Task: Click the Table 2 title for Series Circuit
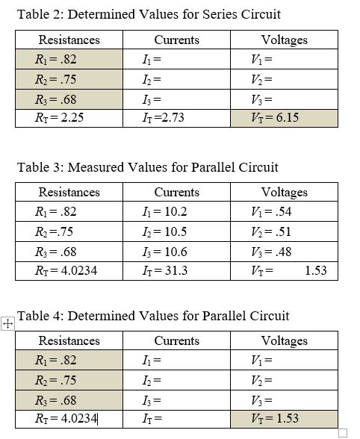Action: (x=149, y=14)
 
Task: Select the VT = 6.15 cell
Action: (x=284, y=118)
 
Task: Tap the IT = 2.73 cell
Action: (x=177, y=118)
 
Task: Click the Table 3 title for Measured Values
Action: (x=147, y=166)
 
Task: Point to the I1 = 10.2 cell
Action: (x=177, y=212)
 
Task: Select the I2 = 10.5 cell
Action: (x=177, y=231)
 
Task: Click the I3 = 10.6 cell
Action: (x=177, y=251)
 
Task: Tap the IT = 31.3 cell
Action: (x=177, y=270)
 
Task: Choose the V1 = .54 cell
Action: (x=284, y=212)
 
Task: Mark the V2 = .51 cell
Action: (x=284, y=231)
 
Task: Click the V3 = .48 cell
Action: (x=284, y=251)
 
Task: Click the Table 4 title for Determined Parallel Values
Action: (x=153, y=316)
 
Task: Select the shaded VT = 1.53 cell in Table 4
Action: (x=284, y=419)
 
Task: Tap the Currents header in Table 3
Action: (x=177, y=193)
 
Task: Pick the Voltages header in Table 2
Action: (x=284, y=40)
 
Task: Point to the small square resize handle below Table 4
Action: (x=343, y=432)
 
